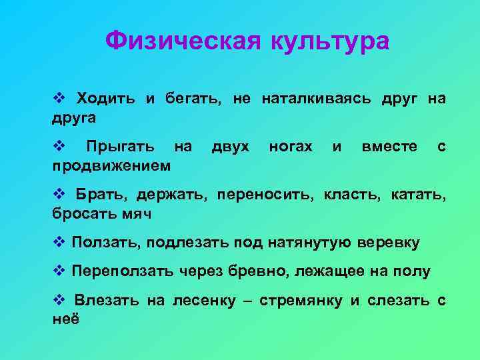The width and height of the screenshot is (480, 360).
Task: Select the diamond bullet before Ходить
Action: [x=57, y=99]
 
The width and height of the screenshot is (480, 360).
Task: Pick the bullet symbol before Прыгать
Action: [x=57, y=146]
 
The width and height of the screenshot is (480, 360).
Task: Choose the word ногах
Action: [x=290, y=146]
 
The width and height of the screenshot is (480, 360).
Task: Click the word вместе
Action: [x=389, y=146]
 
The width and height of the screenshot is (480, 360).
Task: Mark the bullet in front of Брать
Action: [x=57, y=195]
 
